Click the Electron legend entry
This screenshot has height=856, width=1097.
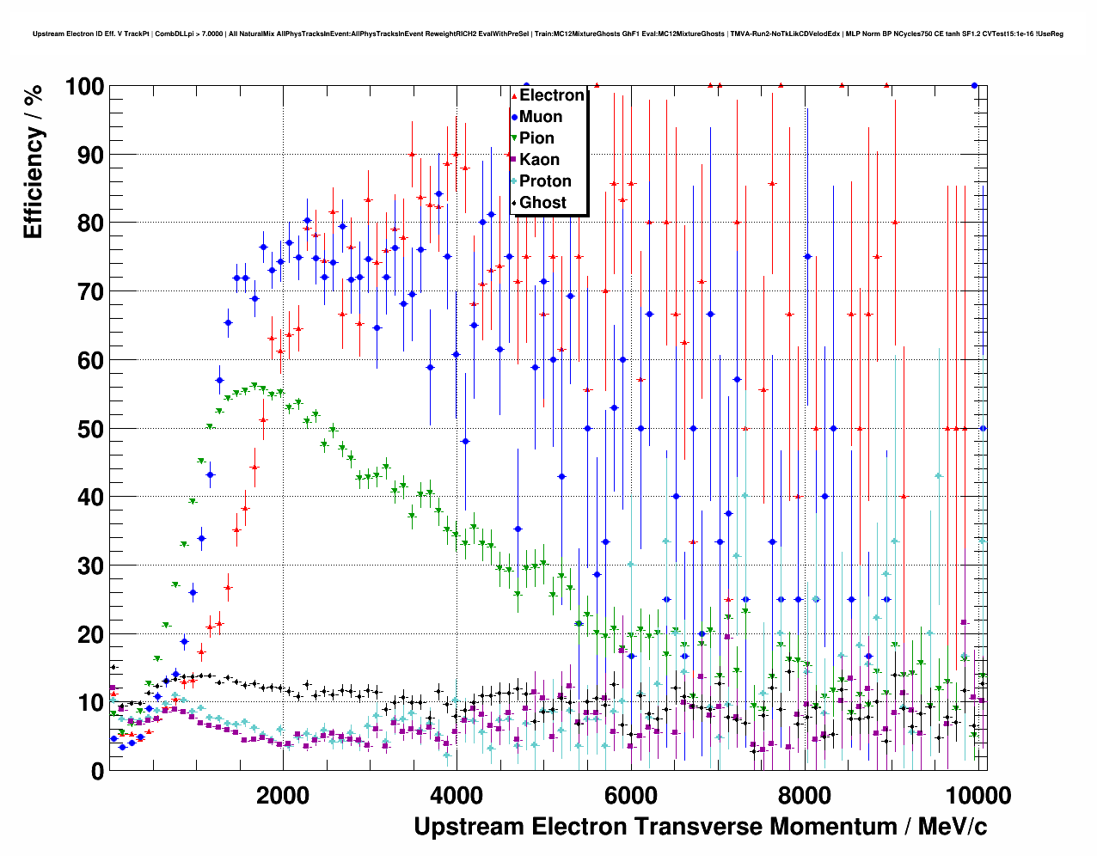[x=551, y=95]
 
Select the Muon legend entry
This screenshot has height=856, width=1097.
[x=540, y=117]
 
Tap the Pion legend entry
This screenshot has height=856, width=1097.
[x=536, y=138]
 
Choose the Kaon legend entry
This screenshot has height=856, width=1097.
[x=539, y=160]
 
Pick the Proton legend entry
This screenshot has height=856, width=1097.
[x=545, y=181]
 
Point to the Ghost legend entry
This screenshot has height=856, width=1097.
[x=542, y=203]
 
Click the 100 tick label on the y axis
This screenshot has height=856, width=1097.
[x=84, y=87]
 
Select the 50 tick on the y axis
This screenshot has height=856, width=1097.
[x=90, y=429]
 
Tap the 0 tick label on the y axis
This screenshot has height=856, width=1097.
[x=96, y=772]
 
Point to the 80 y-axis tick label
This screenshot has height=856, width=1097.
[x=90, y=223]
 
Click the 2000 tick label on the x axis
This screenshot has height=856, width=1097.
[x=283, y=795]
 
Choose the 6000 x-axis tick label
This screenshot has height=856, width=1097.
[x=630, y=795]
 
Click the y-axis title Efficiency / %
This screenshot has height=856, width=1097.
[x=34, y=162]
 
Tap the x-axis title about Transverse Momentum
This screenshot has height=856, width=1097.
[x=700, y=827]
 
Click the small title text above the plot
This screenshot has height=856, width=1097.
[x=548, y=34]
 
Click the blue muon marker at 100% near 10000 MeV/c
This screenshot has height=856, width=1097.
[x=974, y=85]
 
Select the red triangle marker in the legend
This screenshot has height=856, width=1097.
[x=514, y=96]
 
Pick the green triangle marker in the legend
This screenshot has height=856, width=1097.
[x=514, y=138]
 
